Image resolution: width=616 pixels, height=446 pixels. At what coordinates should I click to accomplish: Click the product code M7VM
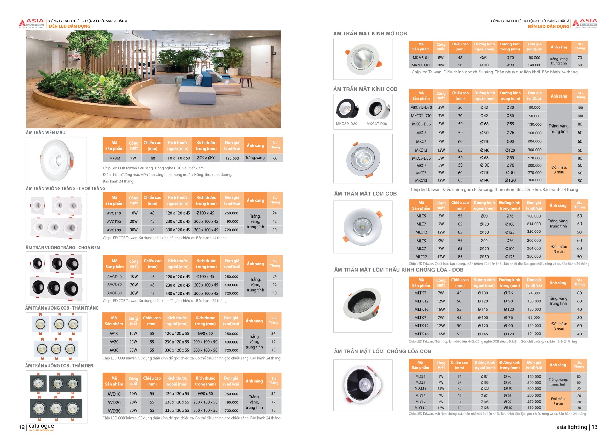coord(114,158)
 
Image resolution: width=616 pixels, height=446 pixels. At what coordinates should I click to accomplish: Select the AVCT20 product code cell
coord(114,222)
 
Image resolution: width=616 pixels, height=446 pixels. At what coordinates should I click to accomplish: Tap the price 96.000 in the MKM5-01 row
coord(534,58)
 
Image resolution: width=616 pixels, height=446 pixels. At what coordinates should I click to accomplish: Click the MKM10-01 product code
coord(421,65)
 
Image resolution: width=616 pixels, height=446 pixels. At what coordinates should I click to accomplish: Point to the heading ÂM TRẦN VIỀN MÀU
coord(46,133)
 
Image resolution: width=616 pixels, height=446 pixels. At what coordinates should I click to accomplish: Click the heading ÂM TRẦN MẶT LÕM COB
coord(365,194)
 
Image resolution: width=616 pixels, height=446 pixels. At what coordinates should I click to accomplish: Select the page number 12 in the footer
coord(22,427)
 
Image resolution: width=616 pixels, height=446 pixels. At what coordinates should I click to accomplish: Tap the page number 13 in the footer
coord(595,427)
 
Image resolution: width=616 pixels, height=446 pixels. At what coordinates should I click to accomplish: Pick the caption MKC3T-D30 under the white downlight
coord(376,124)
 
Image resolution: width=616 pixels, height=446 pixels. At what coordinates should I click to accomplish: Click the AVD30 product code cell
coord(114,411)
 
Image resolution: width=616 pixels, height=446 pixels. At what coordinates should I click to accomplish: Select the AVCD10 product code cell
coord(114,277)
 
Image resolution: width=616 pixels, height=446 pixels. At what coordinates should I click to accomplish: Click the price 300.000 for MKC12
coord(534,150)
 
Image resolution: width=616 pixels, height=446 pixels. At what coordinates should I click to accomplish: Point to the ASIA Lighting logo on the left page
coord(32,24)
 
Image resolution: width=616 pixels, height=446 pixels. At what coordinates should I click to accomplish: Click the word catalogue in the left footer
coord(41,426)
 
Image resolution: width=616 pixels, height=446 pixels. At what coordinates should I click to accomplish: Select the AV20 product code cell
coord(114,342)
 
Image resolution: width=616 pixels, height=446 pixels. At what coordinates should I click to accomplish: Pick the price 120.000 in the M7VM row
coord(232,158)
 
